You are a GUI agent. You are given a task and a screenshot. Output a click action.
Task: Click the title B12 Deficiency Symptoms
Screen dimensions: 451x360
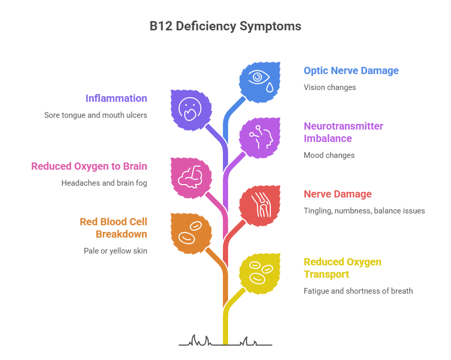point(225,26)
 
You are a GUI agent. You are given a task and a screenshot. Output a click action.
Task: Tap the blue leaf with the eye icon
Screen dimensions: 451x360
point(260,82)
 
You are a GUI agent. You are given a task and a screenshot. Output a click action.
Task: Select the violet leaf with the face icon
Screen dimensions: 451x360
point(191,110)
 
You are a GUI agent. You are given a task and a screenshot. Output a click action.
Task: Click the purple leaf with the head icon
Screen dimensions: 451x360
point(260,138)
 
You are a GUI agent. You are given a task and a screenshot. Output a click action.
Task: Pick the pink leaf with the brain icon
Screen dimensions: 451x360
point(191,177)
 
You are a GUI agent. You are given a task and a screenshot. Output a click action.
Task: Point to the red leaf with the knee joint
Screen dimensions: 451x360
point(260,206)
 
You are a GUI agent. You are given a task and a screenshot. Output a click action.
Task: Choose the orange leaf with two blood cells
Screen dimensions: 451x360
point(191,233)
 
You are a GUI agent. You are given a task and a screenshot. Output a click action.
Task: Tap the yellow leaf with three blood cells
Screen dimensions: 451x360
point(260,274)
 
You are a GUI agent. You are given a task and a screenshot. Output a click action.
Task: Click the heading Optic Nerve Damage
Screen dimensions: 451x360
point(351,70)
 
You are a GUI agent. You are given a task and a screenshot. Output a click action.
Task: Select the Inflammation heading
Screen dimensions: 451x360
point(116,98)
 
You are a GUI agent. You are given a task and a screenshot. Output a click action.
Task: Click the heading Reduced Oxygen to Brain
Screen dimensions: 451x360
point(89,166)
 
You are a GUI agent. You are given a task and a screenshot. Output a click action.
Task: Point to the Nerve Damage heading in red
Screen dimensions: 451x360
point(338,194)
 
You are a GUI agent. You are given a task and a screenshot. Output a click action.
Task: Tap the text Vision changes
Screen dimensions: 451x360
point(329,87)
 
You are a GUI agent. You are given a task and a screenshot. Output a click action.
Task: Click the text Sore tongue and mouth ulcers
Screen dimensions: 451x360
point(95,115)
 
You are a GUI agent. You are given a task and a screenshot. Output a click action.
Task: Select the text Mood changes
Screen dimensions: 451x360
point(329,155)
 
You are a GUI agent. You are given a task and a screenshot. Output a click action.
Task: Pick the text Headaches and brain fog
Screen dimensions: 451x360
point(104,183)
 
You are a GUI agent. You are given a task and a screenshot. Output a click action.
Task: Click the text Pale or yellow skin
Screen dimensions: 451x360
point(115,251)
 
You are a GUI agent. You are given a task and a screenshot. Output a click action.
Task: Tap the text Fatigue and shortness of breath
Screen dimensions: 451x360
point(358,291)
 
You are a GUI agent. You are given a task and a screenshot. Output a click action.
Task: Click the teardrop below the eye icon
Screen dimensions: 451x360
point(269,87)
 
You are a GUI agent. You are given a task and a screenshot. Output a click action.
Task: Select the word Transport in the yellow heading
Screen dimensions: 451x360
point(326,275)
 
